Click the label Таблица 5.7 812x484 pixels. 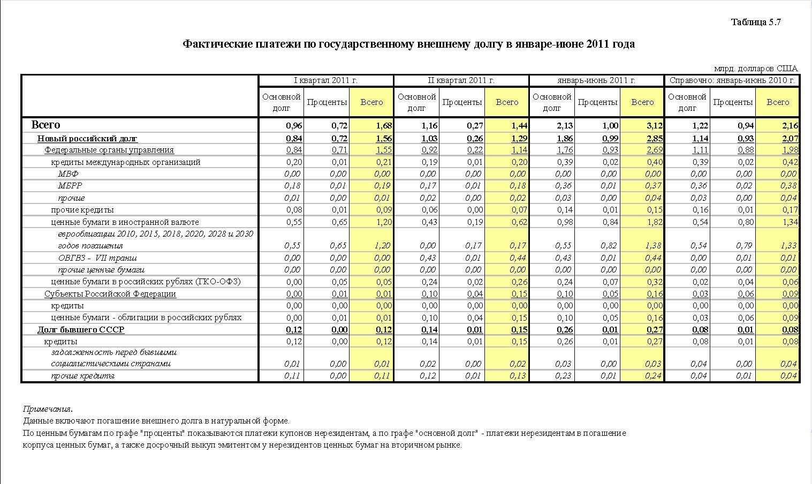756,22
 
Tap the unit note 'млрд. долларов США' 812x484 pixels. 755,69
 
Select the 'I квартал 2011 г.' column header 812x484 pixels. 326,80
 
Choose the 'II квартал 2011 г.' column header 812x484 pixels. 461,80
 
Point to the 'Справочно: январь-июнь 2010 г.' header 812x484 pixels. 732,80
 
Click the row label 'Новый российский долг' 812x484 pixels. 87,139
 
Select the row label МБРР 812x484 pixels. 70,186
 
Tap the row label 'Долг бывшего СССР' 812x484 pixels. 81,330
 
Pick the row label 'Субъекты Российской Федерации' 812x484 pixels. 110,294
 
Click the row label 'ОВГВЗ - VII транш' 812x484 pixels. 97,258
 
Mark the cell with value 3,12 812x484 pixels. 654,126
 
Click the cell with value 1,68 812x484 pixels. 384,126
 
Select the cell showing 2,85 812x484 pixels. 654,139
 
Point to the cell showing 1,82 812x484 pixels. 654,222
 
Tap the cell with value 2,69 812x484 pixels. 654,150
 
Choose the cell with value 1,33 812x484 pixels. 790,246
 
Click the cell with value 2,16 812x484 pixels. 790,126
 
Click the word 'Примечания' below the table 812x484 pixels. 48,409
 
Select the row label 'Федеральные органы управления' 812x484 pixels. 109,150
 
